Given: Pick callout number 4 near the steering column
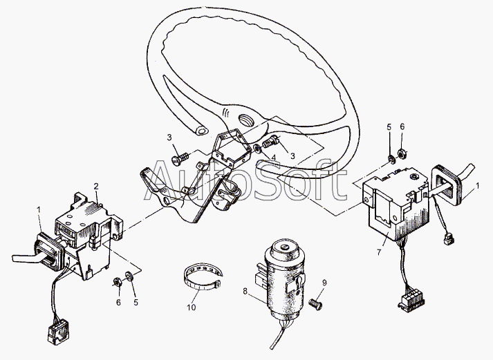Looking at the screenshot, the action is tap(274, 158).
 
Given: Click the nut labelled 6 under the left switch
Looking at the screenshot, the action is tap(116, 281).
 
